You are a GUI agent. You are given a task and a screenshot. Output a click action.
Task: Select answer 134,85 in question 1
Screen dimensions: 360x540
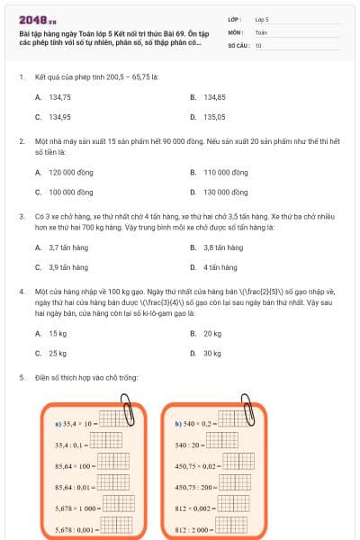point(214,96)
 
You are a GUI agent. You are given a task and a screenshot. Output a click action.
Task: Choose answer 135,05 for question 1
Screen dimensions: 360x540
point(214,116)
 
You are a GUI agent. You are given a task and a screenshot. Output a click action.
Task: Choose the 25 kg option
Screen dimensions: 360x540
point(58,354)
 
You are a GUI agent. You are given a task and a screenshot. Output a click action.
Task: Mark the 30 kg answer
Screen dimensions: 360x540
point(212,354)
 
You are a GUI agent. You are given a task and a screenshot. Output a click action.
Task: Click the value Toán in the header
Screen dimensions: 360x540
point(261,31)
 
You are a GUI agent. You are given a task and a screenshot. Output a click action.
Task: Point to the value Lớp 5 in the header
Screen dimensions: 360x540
point(262,18)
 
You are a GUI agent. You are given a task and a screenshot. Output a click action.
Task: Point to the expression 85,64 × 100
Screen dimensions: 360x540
point(75,465)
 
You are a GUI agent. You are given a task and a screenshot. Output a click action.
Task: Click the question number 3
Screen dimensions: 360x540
point(21,217)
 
